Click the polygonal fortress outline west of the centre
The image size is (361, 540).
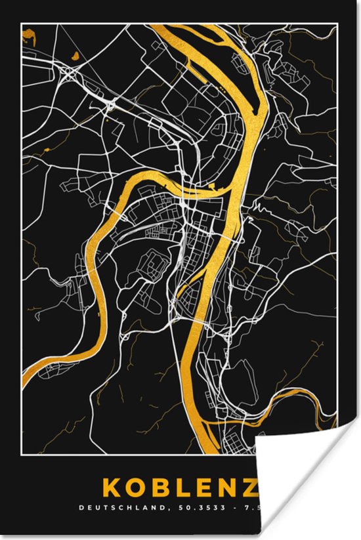tap(155, 265)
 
